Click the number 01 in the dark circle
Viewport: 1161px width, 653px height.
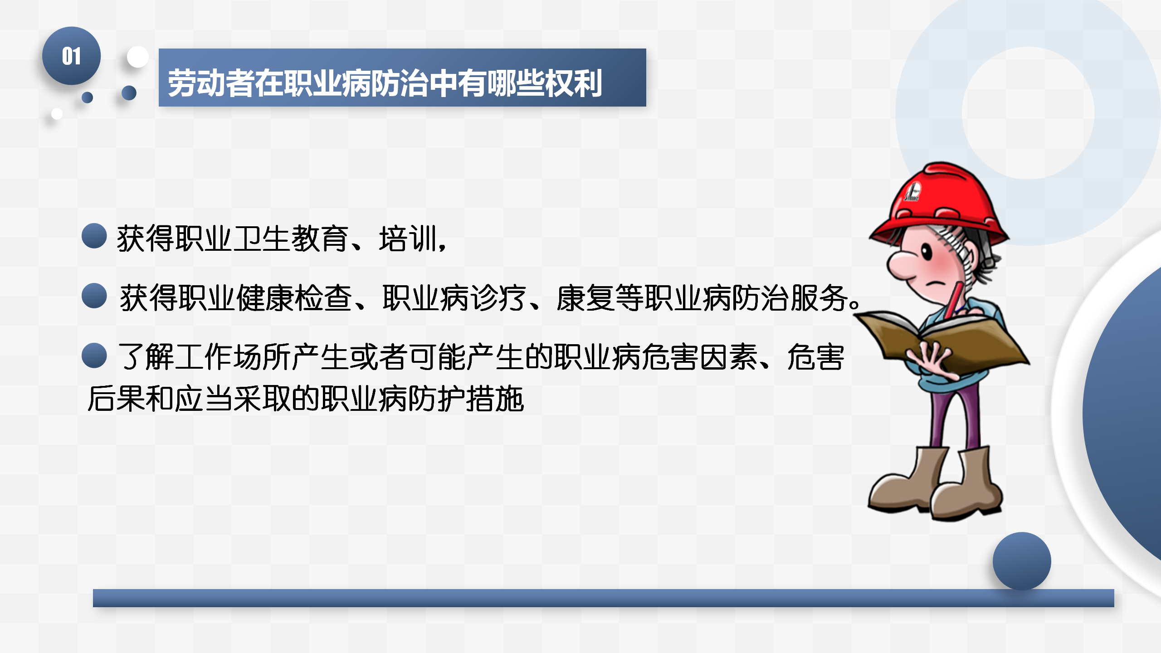pyautogui.click(x=71, y=56)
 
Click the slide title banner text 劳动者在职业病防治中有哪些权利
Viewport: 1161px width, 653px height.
pyautogui.click(x=385, y=83)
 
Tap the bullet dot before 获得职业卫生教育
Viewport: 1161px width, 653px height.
pyautogui.click(x=94, y=236)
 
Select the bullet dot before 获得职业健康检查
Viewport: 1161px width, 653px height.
pyautogui.click(x=94, y=296)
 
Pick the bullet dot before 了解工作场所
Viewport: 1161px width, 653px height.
pyautogui.click(x=94, y=355)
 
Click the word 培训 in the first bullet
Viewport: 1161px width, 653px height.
pyautogui.click(x=408, y=239)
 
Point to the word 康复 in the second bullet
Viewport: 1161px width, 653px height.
pyautogui.click(x=585, y=298)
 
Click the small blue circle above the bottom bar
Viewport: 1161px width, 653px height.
pyautogui.click(x=1022, y=561)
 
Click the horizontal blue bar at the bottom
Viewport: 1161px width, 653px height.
pyautogui.click(x=603, y=598)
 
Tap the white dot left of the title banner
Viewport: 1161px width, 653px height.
pyautogui.click(x=138, y=57)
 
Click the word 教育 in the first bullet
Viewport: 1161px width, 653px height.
pyautogui.click(x=320, y=239)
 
